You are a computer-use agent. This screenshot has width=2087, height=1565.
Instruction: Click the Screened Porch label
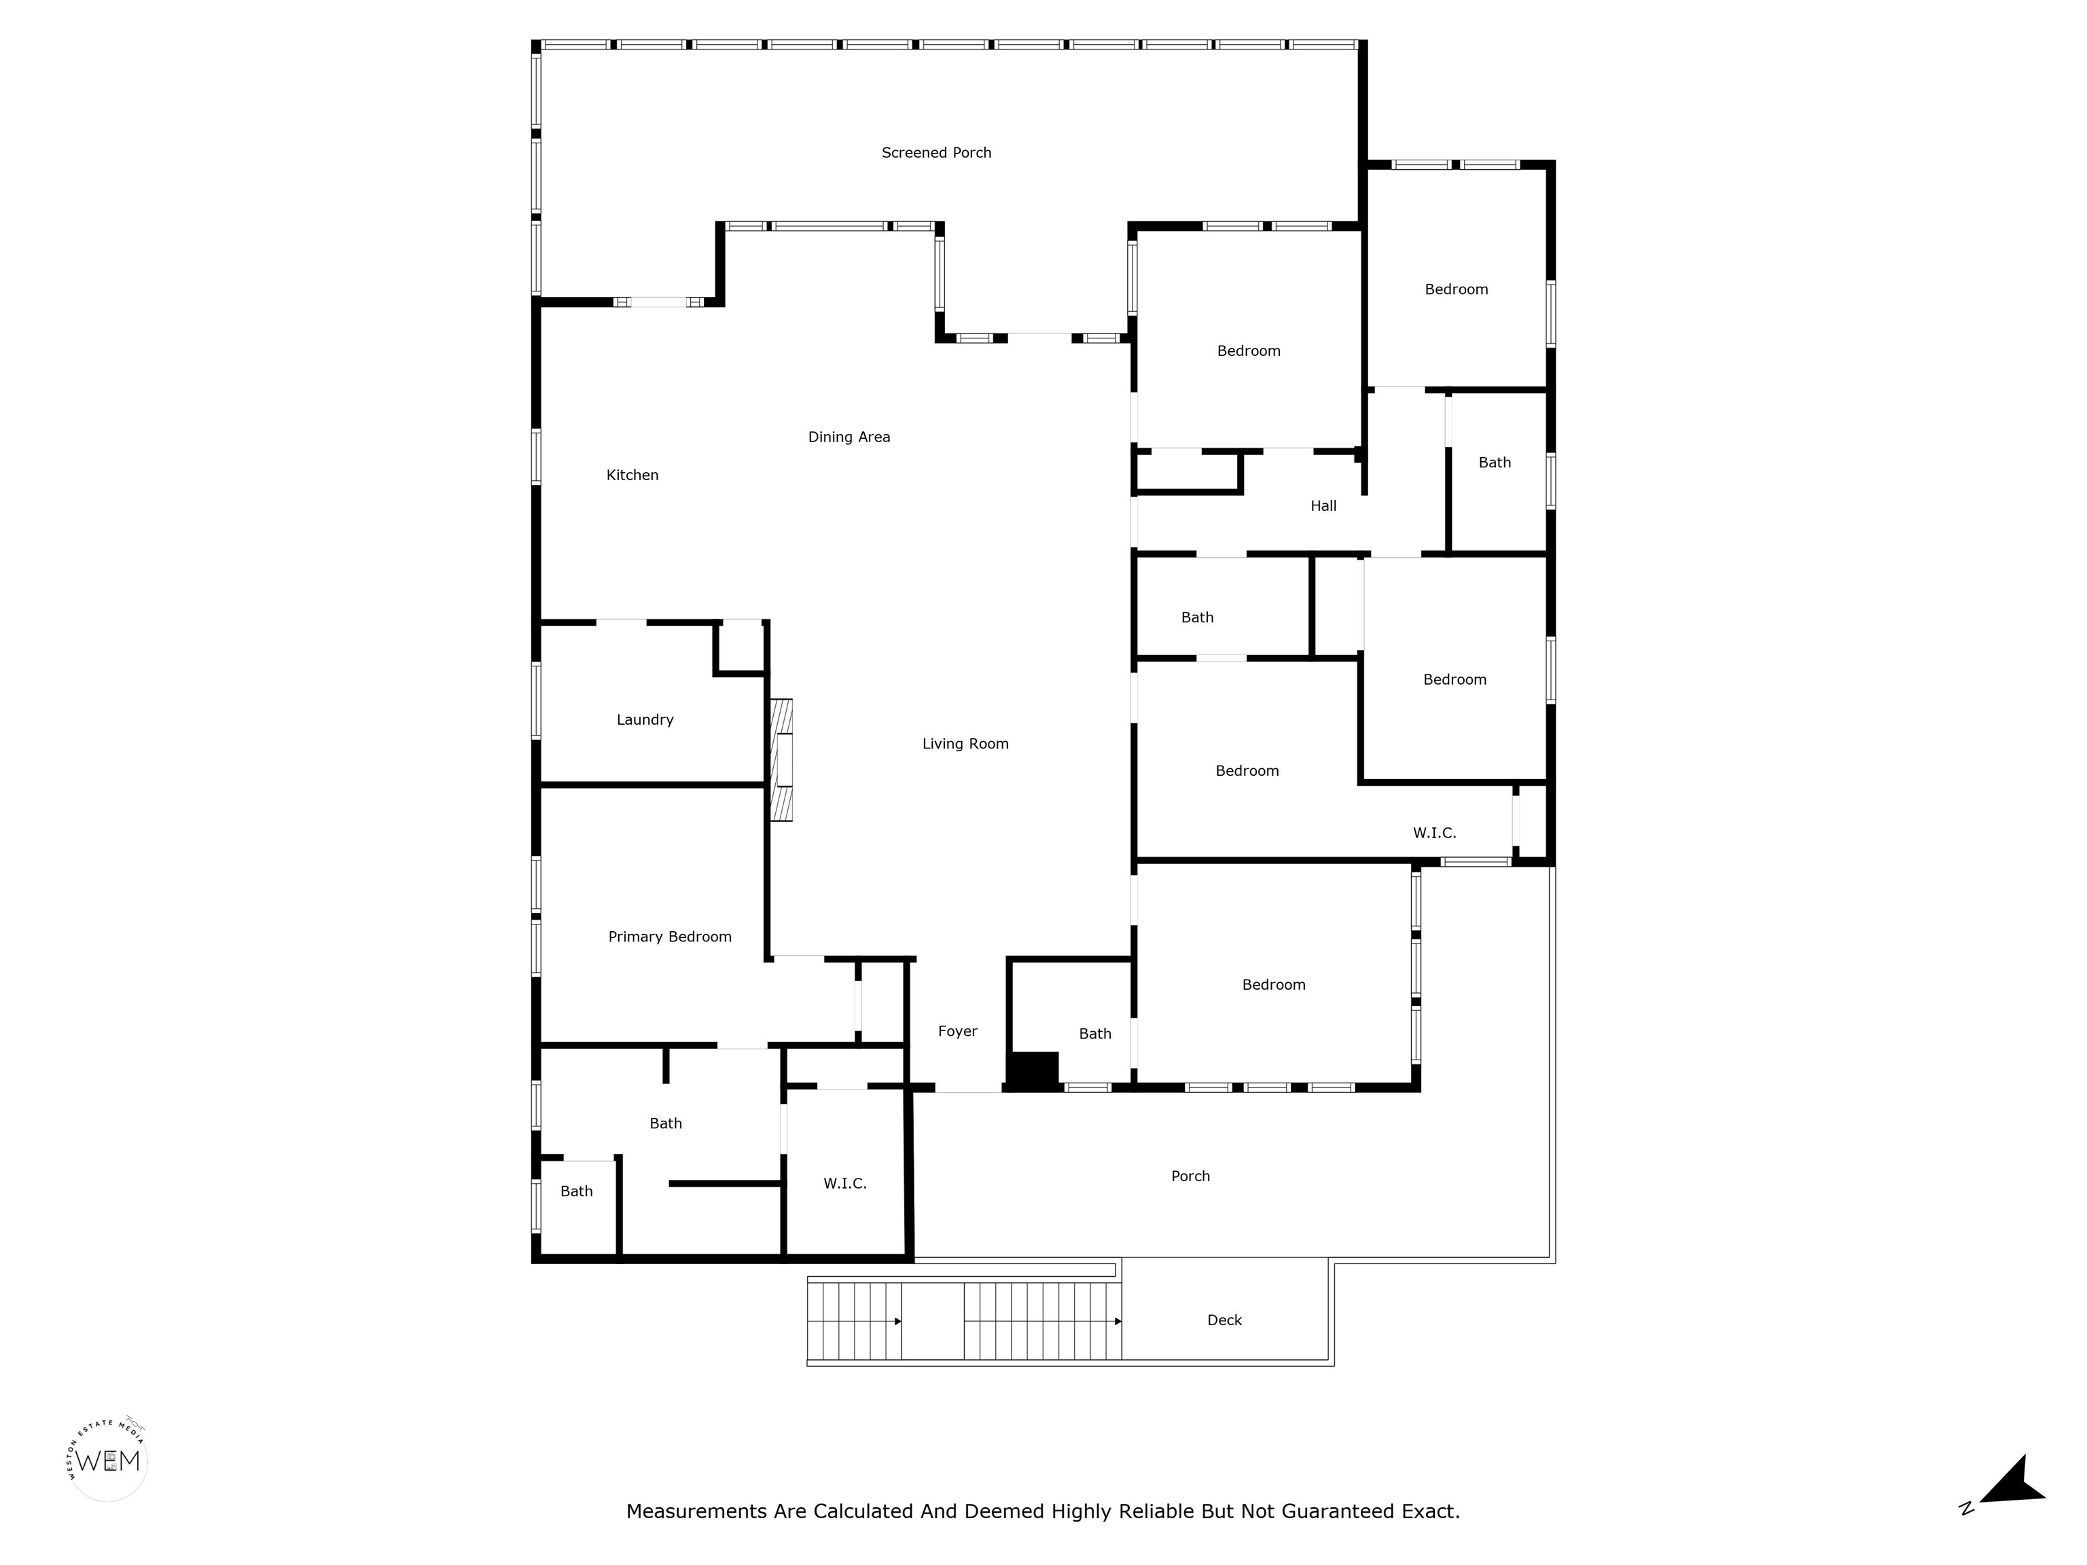[936, 153]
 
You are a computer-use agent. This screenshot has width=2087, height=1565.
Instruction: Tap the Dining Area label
[849, 437]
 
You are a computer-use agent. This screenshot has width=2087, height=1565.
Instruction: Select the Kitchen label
[632, 475]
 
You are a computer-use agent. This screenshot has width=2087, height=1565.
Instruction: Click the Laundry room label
[645, 720]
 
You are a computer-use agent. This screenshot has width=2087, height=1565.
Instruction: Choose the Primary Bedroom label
[670, 937]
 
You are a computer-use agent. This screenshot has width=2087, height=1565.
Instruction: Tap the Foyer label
[958, 1032]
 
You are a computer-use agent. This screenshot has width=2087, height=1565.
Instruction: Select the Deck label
[1225, 1320]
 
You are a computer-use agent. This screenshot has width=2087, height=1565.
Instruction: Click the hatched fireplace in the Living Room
[781, 759]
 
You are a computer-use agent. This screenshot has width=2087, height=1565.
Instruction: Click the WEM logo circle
[109, 1461]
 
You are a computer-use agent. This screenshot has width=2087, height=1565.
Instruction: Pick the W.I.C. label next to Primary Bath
[844, 1184]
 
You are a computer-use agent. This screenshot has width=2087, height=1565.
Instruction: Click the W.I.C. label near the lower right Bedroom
[1434, 833]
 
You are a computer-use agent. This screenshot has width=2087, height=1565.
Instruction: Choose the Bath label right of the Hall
[1495, 463]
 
